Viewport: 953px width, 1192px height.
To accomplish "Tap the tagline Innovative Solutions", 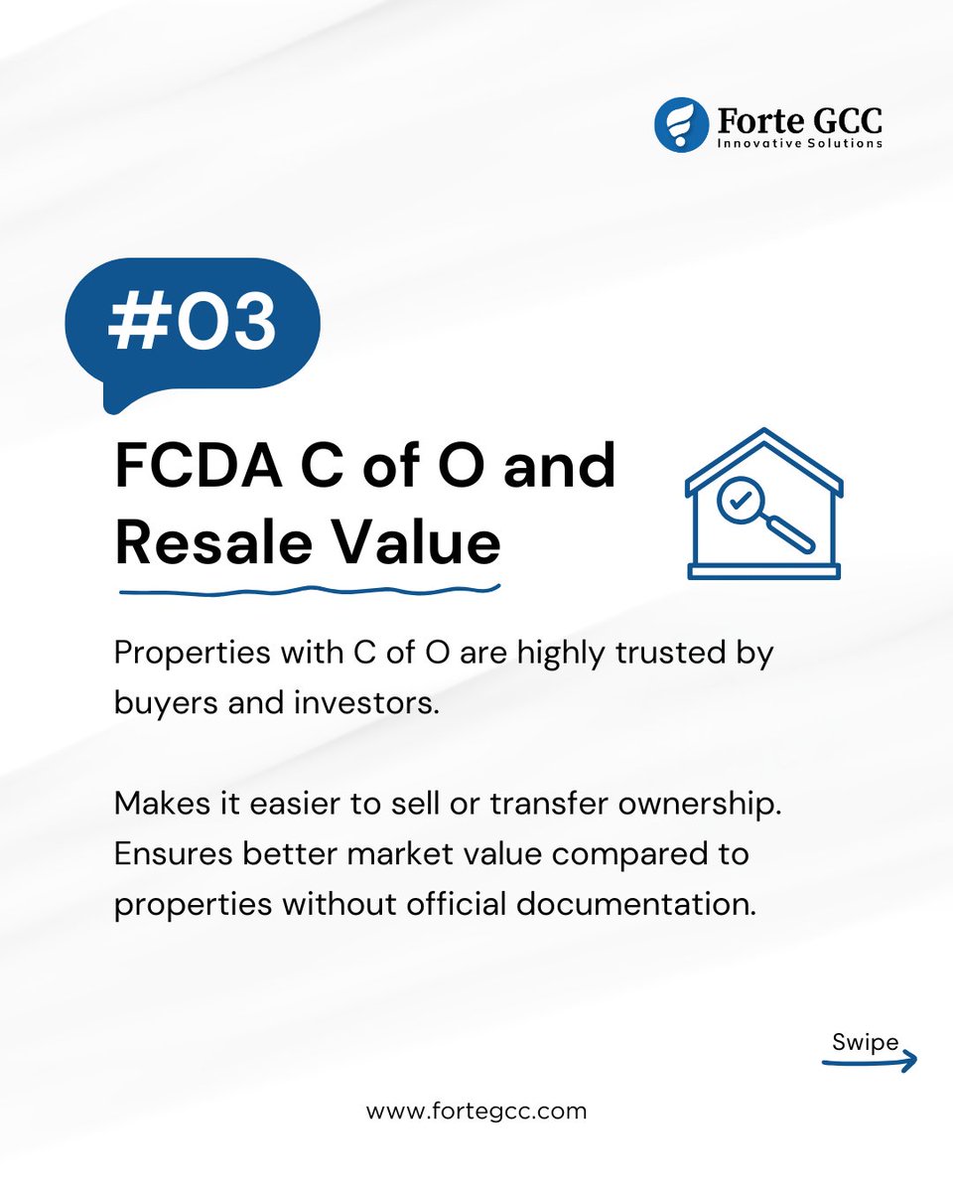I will point(799,144).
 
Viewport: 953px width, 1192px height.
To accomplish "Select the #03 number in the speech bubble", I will point(193,323).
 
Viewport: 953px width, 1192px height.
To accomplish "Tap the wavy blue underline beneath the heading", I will point(308,590).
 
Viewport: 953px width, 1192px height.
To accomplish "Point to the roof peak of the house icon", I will point(762,433).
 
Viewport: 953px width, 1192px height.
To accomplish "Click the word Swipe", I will point(866,1042).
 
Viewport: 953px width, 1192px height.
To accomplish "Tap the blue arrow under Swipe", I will point(872,1062).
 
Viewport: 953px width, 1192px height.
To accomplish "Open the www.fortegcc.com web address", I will point(476,1111).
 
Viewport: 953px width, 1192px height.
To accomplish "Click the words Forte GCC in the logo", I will point(799,121).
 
